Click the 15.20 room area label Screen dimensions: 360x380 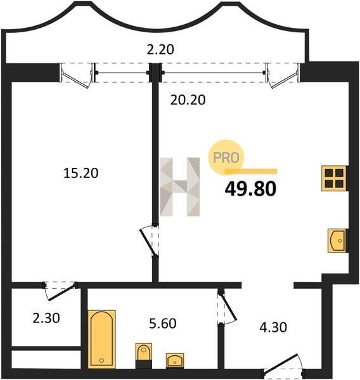(80, 174)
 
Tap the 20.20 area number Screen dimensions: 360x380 (188, 100)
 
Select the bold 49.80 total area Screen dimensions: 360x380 (250, 189)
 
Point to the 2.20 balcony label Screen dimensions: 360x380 (160, 49)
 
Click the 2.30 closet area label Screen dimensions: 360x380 (46, 318)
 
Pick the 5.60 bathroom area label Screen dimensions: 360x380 (162, 324)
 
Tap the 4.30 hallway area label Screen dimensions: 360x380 (273, 327)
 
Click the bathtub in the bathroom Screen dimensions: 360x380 (101, 339)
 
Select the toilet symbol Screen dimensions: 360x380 (144, 355)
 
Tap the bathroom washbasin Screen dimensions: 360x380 (175, 360)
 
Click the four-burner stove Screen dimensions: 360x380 (334, 179)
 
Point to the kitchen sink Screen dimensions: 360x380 (337, 241)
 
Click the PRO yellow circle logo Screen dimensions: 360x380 (226, 157)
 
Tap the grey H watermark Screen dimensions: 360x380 (180, 187)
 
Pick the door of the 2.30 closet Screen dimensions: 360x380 (60, 291)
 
